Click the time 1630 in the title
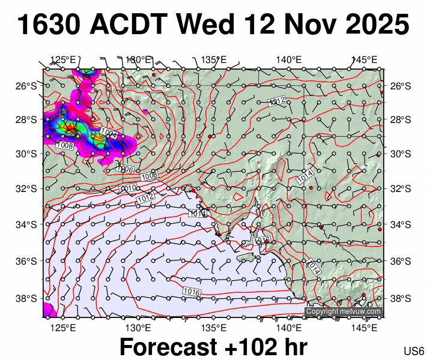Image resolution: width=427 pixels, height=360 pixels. (x=49, y=26)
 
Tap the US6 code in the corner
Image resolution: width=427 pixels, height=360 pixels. (x=414, y=351)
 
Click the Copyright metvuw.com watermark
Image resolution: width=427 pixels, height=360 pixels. (x=344, y=311)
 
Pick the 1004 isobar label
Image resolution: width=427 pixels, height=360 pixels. (x=109, y=133)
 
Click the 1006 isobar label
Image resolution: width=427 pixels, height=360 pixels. (x=126, y=170)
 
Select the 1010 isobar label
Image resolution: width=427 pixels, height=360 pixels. (x=129, y=188)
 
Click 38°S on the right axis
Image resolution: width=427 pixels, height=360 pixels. (x=400, y=298)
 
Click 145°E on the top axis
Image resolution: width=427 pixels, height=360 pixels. (x=364, y=60)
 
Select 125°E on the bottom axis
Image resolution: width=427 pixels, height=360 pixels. (x=62, y=328)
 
